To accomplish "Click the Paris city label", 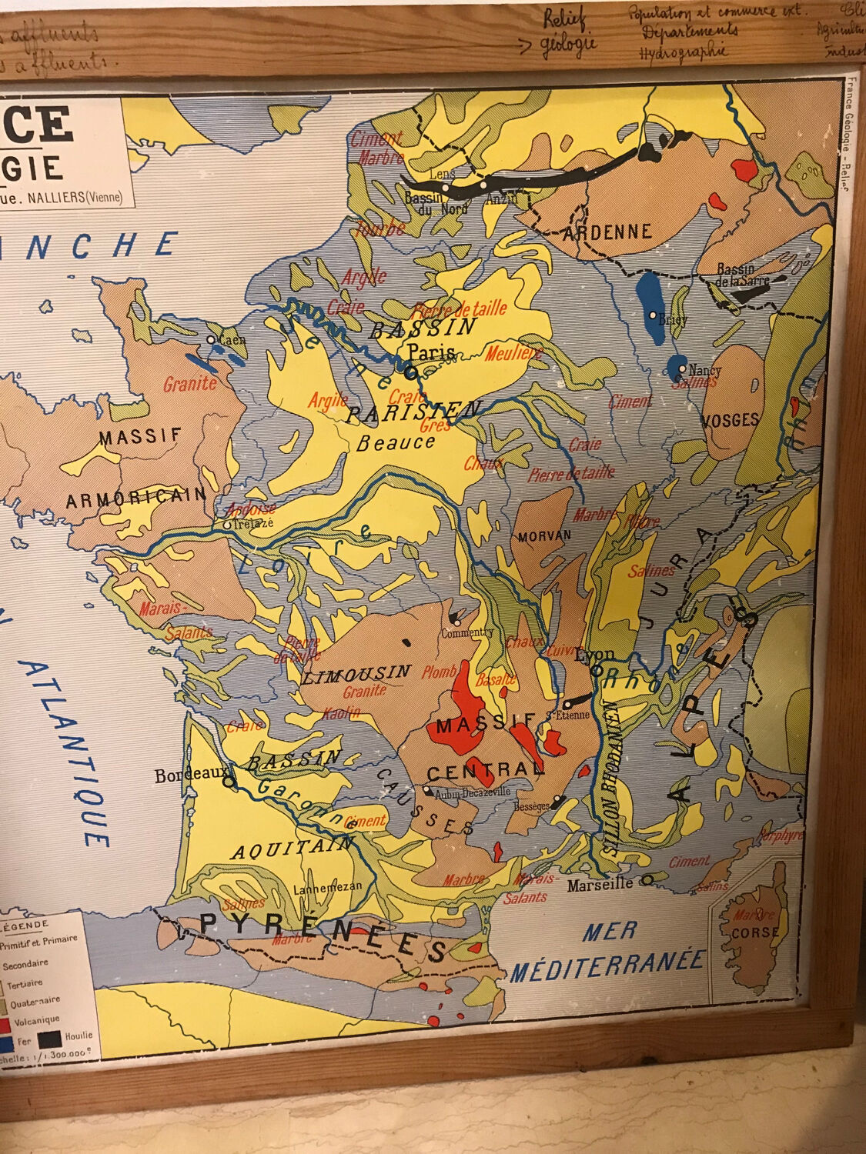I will pyautogui.click(x=432, y=352).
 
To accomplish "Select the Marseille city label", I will pyautogui.click(x=600, y=885).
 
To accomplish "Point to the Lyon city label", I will pyautogui.click(x=595, y=655).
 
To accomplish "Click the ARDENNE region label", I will pyautogui.click(x=607, y=232).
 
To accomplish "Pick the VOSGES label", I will pyautogui.click(x=731, y=420).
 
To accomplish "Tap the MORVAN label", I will pyautogui.click(x=544, y=535).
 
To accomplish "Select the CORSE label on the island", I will pyautogui.click(x=755, y=932).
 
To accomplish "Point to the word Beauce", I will pyautogui.click(x=396, y=443).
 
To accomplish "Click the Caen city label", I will pyautogui.click(x=232, y=339).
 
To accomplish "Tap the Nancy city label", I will pyautogui.click(x=705, y=370).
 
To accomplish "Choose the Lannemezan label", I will pyautogui.click(x=327, y=886).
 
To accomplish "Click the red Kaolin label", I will pyautogui.click(x=342, y=712).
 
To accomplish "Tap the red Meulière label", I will pyautogui.click(x=514, y=354).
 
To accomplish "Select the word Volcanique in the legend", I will pyautogui.click(x=36, y=1020).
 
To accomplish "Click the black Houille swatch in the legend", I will pyautogui.click(x=50, y=1039).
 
